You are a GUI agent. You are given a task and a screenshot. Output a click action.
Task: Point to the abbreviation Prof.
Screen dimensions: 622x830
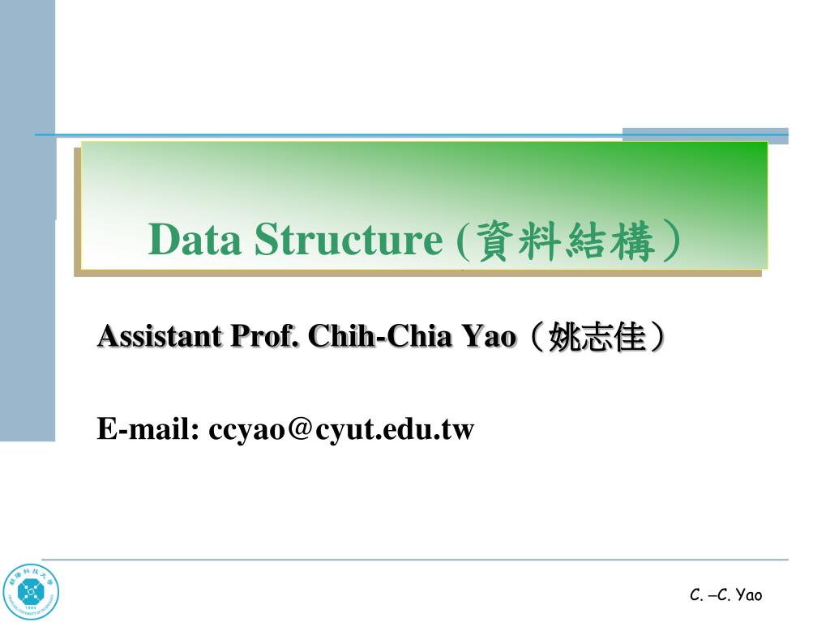click(x=265, y=335)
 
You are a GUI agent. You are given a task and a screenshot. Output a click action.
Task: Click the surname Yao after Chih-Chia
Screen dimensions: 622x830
click(x=489, y=335)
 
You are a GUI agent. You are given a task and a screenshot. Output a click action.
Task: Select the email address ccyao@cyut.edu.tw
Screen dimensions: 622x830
click(x=341, y=428)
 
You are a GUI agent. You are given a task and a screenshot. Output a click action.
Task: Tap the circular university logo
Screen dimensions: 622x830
click(x=31, y=592)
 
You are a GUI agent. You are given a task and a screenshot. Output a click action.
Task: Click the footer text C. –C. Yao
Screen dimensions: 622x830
click(x=725, y=596)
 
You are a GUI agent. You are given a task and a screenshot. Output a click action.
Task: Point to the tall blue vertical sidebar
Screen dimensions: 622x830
click(x=28, y=243)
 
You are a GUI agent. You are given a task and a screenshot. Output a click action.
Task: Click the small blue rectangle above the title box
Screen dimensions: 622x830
click(x=704, y=135)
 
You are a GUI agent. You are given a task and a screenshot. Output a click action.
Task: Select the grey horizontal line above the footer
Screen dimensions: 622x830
click(x=413, y=559)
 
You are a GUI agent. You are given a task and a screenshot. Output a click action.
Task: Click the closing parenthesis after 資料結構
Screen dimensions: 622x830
click(x=670, y=241)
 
